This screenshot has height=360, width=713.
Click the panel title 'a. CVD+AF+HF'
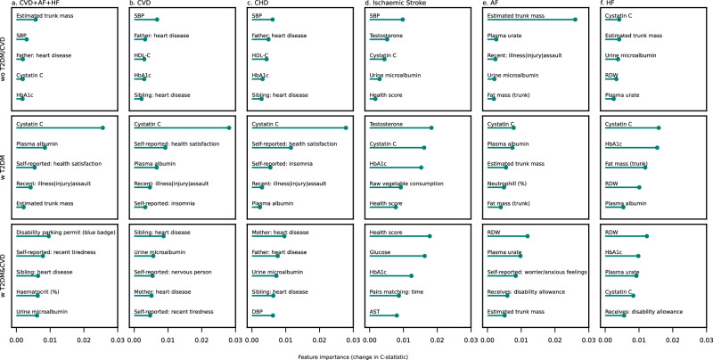[33, 3]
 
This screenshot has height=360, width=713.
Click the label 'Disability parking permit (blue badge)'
[66, 233]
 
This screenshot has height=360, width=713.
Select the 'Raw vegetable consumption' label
[406, 184]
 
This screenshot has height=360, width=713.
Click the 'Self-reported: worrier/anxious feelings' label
[537, 272]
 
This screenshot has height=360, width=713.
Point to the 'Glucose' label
[381, 252]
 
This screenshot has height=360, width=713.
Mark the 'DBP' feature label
[258, 312]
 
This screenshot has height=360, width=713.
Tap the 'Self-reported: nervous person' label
[173, 272]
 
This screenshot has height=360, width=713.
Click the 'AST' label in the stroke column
[375, 312]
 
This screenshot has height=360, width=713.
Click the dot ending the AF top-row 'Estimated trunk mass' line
[575, 20]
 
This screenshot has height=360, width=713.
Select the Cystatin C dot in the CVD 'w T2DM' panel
[229, 127]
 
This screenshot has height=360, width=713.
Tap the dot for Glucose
[425, 256]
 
